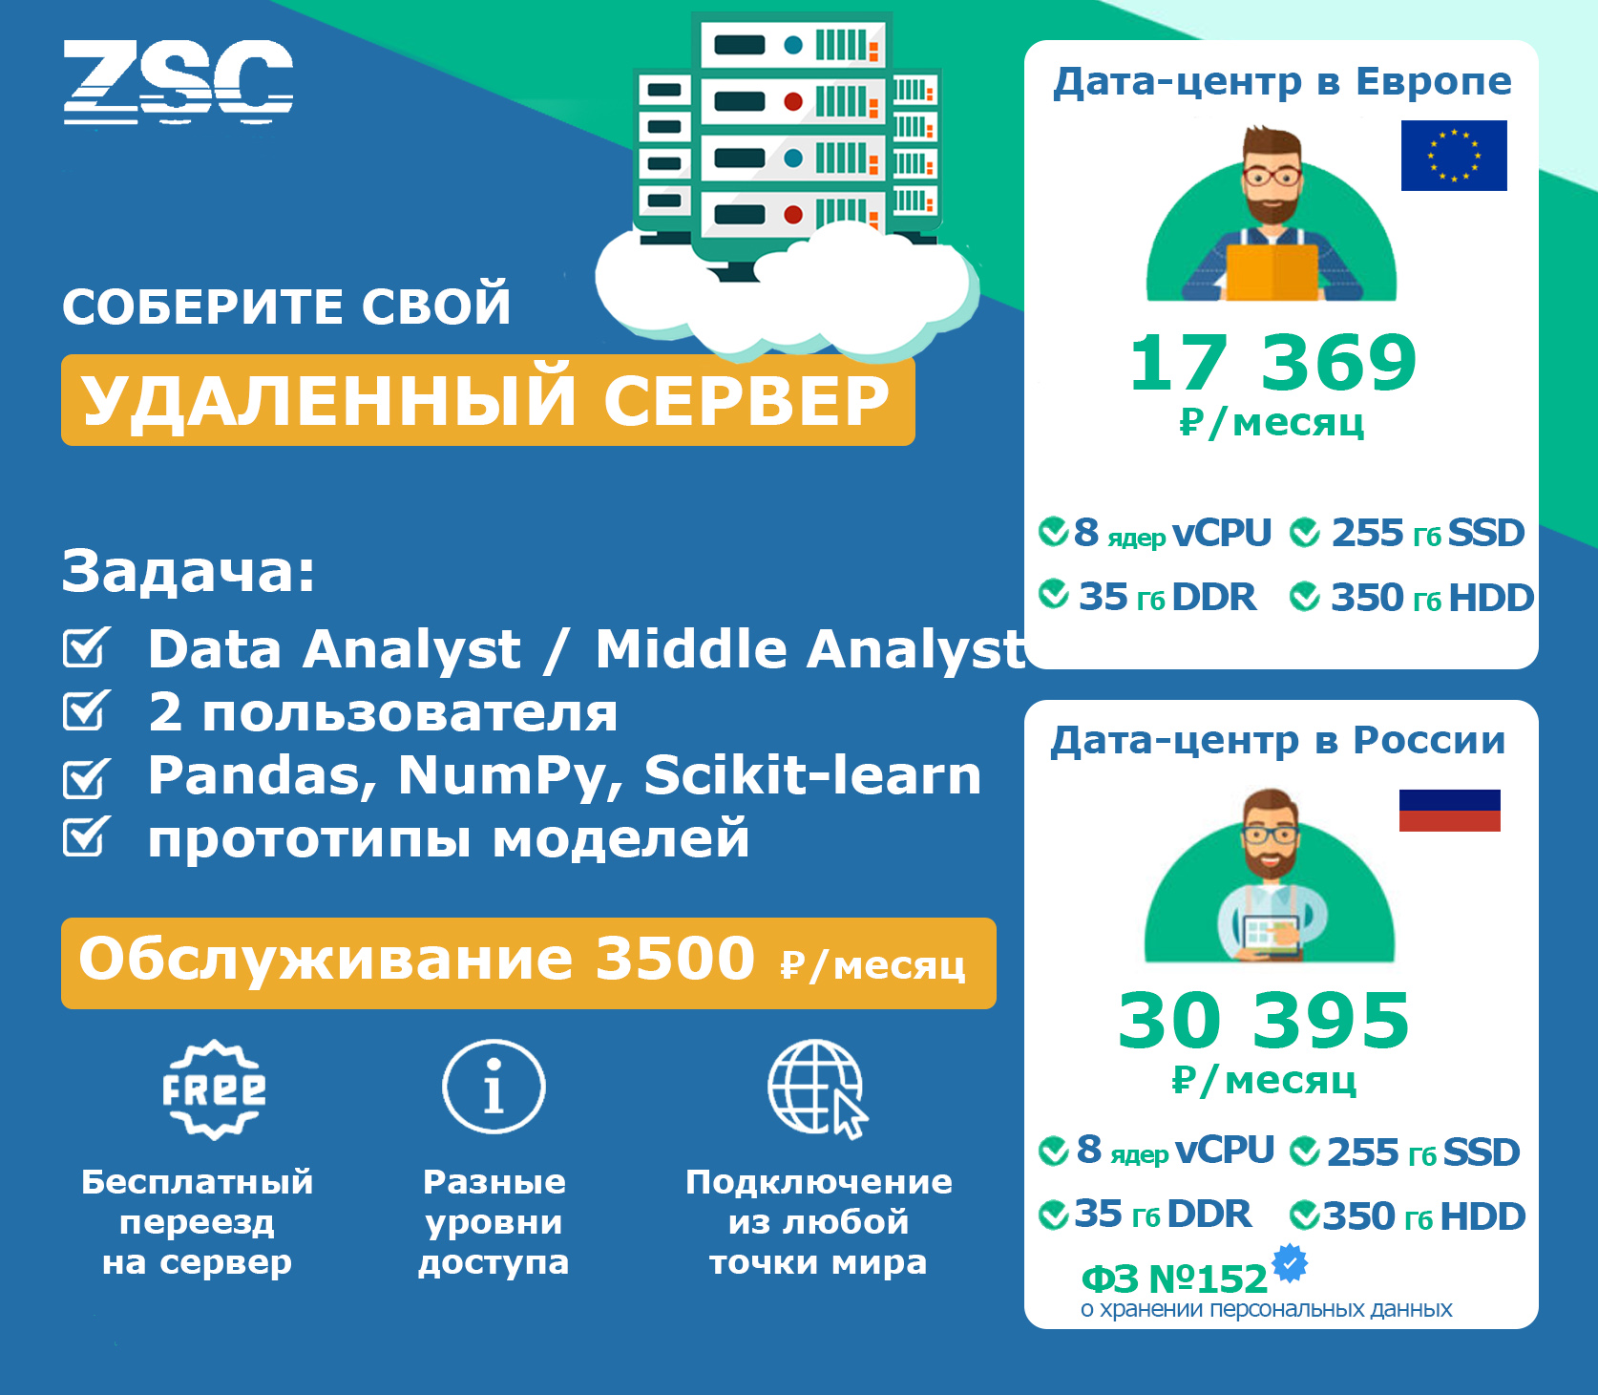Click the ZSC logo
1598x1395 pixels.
click(x=178, y=82)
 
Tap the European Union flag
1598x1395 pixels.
click(x=1454, y=156)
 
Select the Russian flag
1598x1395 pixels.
click(x=1450, y=811)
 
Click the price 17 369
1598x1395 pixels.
click(x=1272, y=363)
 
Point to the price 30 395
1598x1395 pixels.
click(x=1264, y=1021)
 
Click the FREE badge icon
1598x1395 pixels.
click(x=214, y=1089)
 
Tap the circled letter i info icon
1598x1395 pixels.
click(x=494, y=1087)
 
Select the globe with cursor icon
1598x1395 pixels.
click(x=818, y=1089)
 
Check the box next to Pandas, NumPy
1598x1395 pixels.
click(x=87, y=777)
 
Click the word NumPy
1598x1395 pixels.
click(x=511, y=775)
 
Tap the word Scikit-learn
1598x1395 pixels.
click(x=812, y=774)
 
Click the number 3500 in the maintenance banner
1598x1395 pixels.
click(x=675, y=959)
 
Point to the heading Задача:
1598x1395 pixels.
click(x=188, y=571)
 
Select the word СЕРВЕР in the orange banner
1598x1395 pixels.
click(x=746, y=400)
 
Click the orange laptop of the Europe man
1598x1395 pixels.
click(x=1272, y=273)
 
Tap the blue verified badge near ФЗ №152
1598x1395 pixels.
click(x=1290, y=1263)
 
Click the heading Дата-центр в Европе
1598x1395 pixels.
click(x=1282, y=82)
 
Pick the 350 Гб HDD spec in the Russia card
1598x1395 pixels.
click(x=1408, y=1216)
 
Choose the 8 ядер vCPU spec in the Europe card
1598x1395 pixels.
click(x=1155, y=533)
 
